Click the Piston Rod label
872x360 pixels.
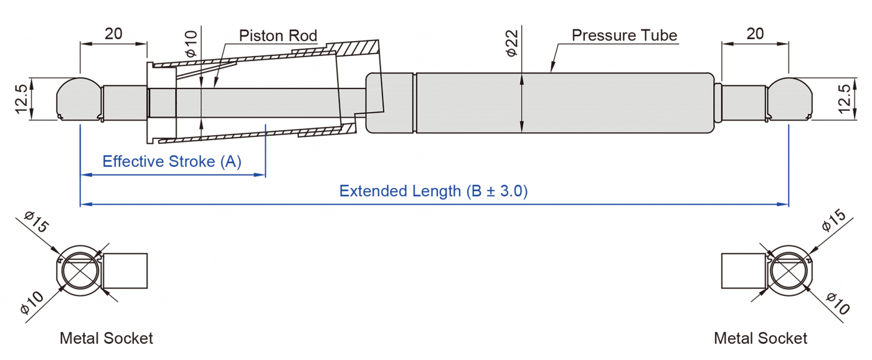[278, 36]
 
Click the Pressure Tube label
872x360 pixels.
[624, 36]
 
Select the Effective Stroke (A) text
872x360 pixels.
[172, 162]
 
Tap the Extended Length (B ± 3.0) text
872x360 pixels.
[434, 191]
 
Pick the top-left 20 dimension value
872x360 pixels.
[113, 34]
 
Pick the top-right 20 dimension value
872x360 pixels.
[755, 34]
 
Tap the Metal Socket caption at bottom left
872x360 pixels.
[106, 338]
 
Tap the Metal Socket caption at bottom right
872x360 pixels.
[761, 338]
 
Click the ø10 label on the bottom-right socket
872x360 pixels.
[838, 303]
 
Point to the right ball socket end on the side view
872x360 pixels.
[790, 98]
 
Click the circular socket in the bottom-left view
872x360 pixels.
[80, 272]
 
